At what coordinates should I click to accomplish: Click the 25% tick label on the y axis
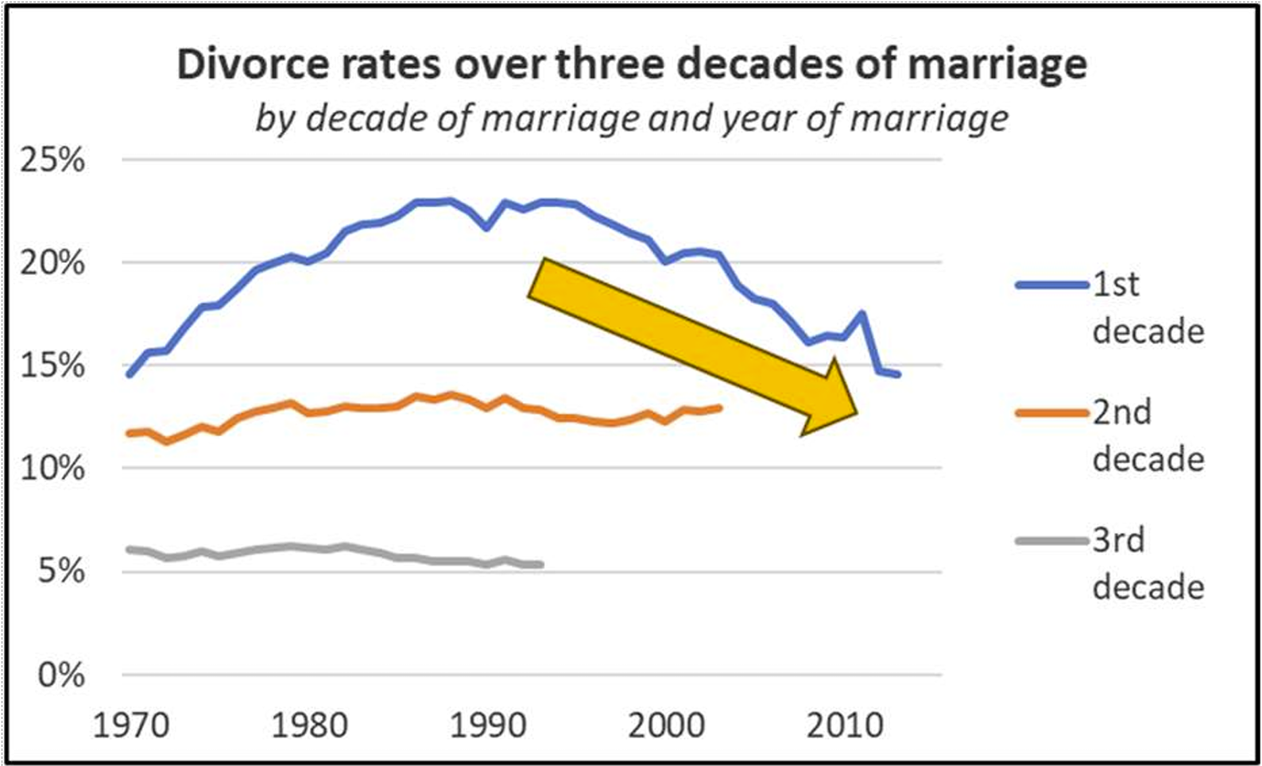52,161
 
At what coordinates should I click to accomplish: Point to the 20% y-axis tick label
52,263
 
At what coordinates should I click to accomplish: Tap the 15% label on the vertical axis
52,366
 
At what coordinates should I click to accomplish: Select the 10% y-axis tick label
52,469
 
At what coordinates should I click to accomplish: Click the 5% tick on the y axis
61,572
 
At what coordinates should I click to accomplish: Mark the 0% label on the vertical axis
61,675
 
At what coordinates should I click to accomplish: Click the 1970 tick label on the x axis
130,725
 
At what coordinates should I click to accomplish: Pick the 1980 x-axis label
309,725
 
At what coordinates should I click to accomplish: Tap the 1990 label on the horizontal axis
488,725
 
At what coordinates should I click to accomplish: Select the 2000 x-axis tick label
667,725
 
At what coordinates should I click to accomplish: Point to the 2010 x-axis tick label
845,725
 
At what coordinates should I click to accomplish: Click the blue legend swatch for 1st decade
1052,285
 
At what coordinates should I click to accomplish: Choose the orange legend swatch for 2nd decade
1052,413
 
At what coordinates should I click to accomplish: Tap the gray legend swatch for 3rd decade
1052,541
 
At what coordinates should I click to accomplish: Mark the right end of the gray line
541,564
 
